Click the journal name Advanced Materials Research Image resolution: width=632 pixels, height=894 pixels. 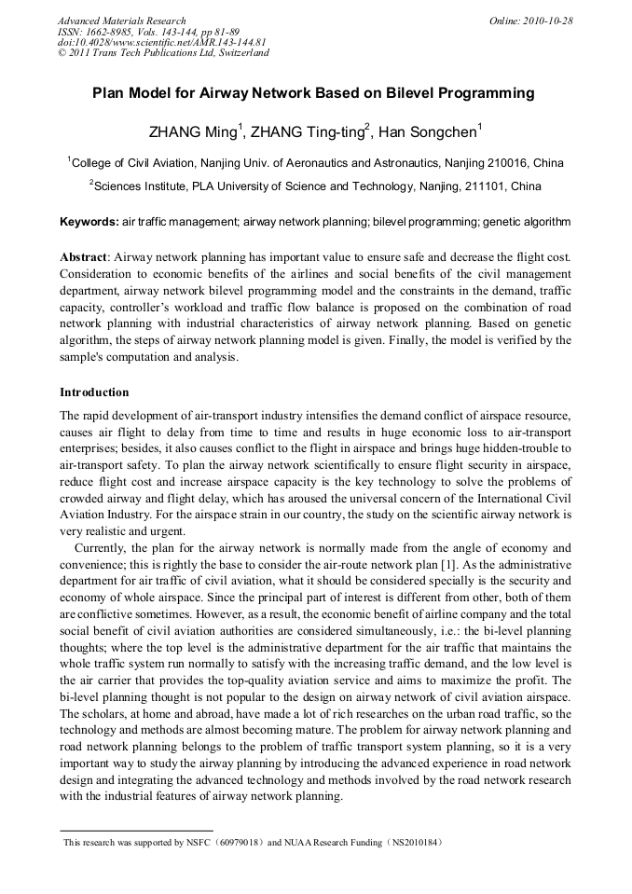click(x=121, y=21)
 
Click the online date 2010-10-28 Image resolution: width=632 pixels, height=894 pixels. click(x=546, y=21)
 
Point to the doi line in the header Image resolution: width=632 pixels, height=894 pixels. click(x=161, y=42)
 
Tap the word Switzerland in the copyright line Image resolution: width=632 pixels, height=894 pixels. click(x=243, y=53)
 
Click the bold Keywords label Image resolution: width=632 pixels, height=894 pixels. click(x=89, y=223)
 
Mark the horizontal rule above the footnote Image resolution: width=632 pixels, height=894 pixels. click(x=136, y=830)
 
